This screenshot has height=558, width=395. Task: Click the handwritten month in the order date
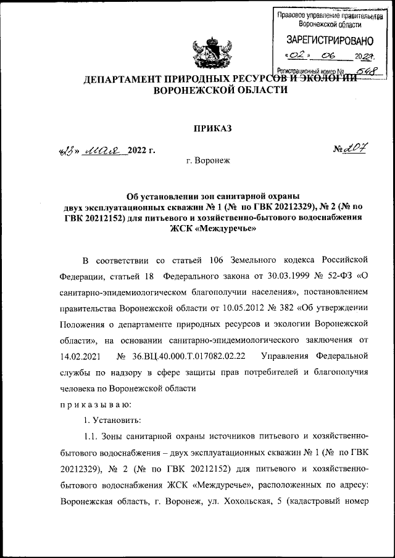[107, 150]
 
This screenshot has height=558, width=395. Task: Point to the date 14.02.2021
[82, 356]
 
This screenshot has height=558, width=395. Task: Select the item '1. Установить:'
[113, 421]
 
